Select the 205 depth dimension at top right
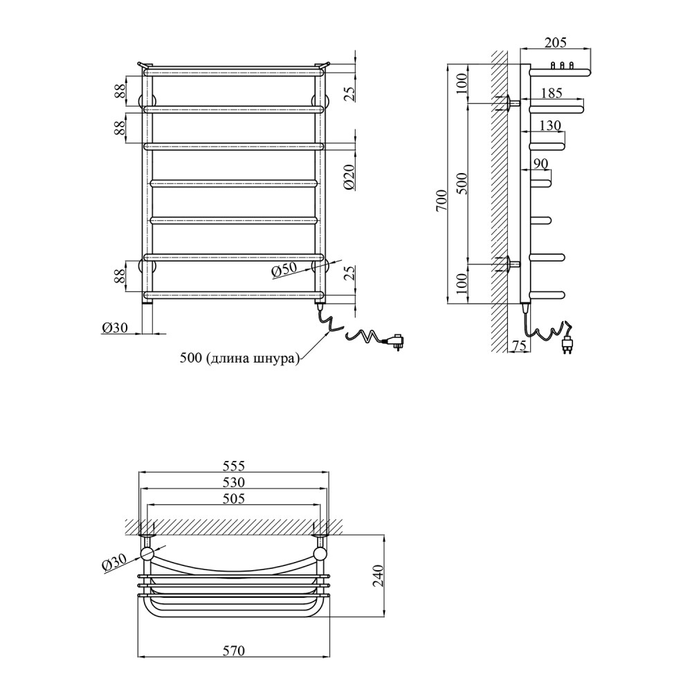click(x=555, y=42)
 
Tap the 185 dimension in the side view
click(x=552, y=93)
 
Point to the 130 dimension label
click(x=550, y=126)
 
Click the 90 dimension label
click(x=540, y=164)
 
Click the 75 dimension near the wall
click(x=520, y=346)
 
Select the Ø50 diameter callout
click(x=284, y=270)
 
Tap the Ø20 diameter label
click(x=349, y=178)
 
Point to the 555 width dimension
click(x=234, y=466)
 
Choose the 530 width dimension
click(x=234, y=482)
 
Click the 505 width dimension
click(x=234, y=499)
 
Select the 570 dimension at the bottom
click(x=234, y=650)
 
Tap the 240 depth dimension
click(x=379, y=576)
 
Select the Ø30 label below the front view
click(x=114, y=327)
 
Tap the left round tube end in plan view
click(x=147, y=554)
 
